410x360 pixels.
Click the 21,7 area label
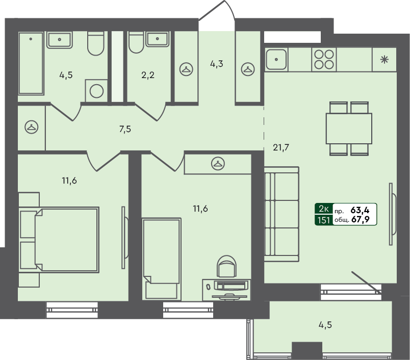tap(281, 148)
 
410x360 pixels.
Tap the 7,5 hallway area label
tap(125, 129)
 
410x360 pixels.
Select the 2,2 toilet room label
tap(148, 75)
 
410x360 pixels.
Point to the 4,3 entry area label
tap(217, 64)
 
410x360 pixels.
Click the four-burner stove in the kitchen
tap(324, 59)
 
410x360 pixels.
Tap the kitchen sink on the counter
tap(276, 59)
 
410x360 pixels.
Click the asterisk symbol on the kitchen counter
tap(384, 60)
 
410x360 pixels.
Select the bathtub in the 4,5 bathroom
tap(31, 63)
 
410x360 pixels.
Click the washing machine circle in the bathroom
tap(96, 91)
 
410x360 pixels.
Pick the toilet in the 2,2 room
tap(136, 42)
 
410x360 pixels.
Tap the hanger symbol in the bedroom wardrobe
tap(218, 164)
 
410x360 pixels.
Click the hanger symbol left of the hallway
tap(32, 127)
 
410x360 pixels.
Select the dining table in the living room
tap(349, 128)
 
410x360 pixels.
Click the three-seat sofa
tap(281, 214)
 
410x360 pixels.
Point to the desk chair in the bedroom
tap(227, 266)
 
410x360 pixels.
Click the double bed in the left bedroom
tap(59, 240)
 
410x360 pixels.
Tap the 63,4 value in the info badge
tap(360, 210)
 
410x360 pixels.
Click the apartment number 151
tap(324, 220)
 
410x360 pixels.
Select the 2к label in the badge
tap(324, 209)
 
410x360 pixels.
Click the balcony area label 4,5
tap(325, 325)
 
